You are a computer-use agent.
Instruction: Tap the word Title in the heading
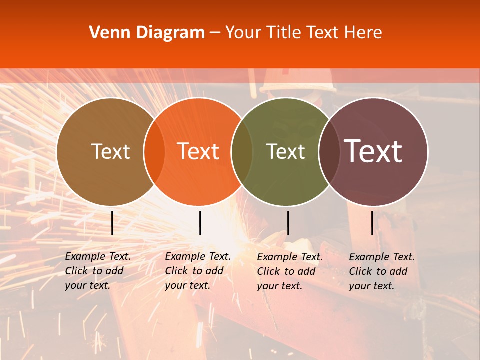[284, 33]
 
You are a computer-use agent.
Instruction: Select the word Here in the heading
[364, 33]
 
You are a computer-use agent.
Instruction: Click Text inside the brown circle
[110, 151]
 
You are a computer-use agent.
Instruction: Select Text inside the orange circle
[198, 151]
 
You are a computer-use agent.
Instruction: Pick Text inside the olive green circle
[285, 151]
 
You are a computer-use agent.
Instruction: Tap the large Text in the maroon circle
[373, 151]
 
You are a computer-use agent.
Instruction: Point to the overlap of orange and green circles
[242, 152]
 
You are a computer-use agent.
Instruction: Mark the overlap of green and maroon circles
[329, 152]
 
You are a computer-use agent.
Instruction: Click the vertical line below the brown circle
[112, 223]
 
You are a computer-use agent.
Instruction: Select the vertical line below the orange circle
[200, 223]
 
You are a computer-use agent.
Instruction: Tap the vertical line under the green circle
[288, 223]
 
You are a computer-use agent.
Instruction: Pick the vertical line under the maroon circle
[372, 223]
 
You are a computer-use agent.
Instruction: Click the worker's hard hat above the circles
[299, 81]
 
